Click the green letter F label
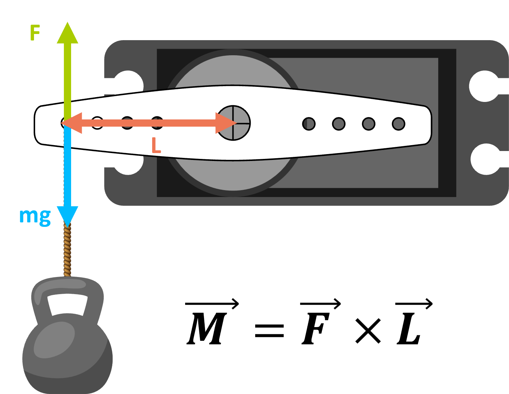35,33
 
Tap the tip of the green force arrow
67,22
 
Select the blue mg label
35,217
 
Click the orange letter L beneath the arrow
156,145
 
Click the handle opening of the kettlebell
67,304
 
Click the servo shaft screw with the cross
233,123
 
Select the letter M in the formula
207,329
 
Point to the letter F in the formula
316,329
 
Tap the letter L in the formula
409,329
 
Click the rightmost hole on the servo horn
398,124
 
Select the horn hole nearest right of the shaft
309,124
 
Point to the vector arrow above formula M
212,304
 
